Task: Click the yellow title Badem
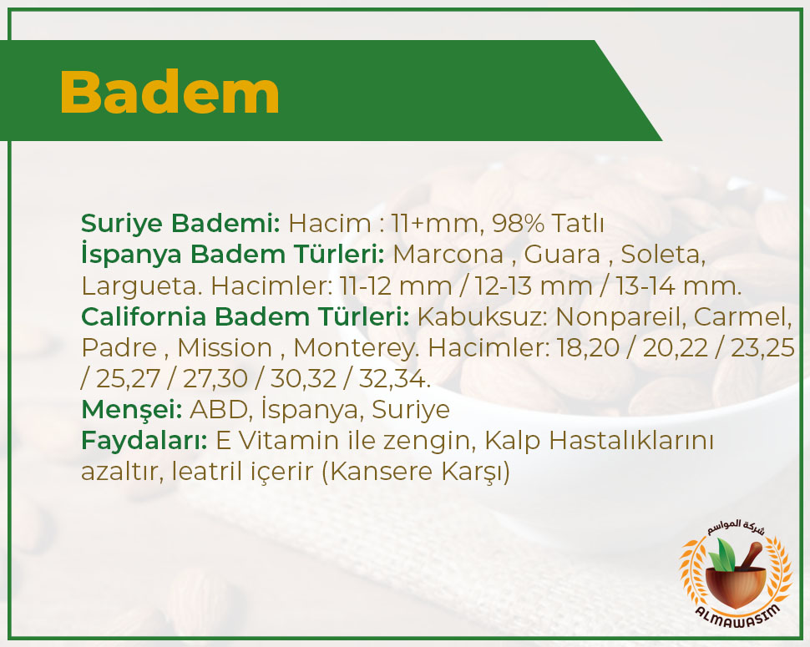coord(170,93)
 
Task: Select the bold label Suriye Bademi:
coord(180,224)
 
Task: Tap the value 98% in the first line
coord(518,223)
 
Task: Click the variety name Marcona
coord(448,254)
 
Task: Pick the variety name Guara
coord(562,254)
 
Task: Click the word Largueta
coord(139,286)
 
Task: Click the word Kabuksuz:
coord(482,316)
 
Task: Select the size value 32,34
coord(394,379)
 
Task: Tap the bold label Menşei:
coord(132,410)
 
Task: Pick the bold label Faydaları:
coord(144,441)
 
